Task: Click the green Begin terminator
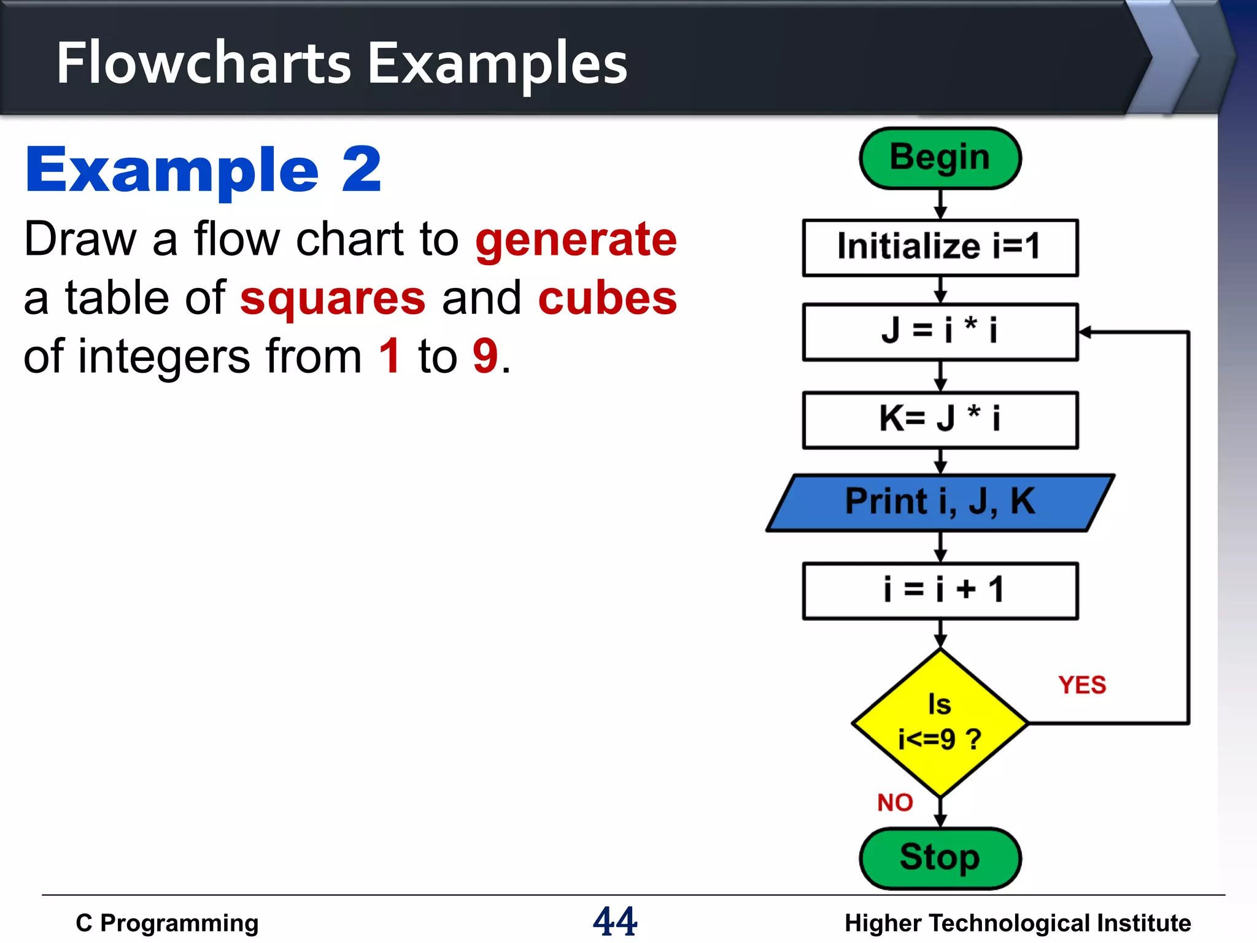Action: click(x=940, y=158)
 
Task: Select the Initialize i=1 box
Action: click(x=940, y=247)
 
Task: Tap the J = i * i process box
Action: click(x=940, y=332)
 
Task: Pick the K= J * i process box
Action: click(x=940, y=420)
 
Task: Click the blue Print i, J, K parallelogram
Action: click(x=940, y=502)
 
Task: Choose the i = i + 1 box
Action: click(x=940, y=591)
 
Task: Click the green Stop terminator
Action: click(x=940, y=858)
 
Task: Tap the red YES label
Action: click(x=1081, y=685)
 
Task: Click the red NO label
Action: click(x=895, y=802)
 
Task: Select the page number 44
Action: click(x=615, y=921)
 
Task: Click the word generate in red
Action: click(x=576, y=239)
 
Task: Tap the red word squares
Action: click(x=333, y=298)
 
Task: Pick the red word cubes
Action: click(x=607, y=298)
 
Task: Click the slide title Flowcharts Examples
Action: click(x=342, y=63)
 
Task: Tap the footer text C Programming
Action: click(x=167, y=923)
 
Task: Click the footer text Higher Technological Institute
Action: click(x=1017, y=923)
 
